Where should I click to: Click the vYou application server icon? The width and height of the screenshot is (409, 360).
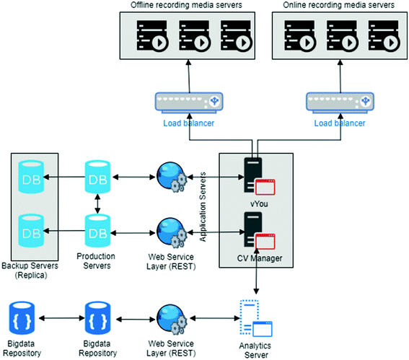click(259, 176)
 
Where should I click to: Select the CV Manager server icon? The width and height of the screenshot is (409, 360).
click(259, 230)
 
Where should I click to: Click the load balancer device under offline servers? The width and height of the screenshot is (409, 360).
click(189, 102)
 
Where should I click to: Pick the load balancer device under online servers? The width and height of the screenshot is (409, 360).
click(340, 102)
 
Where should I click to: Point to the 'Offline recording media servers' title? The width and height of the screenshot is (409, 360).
click(186, 5)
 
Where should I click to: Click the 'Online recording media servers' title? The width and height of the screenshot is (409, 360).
click(338, 5)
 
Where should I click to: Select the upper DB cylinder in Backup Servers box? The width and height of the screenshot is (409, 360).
click(31, 177)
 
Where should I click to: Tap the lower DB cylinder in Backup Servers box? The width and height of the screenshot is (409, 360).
click(31, 231)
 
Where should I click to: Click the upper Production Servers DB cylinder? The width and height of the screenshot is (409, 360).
click(97, 177)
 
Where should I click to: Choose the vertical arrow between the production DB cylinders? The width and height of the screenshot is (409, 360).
click(97, 203)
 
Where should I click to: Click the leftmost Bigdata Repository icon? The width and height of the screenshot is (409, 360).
click(22, 318)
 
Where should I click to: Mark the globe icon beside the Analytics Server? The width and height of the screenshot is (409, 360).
click(172, 319)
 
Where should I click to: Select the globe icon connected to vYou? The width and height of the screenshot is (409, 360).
click(172, 177)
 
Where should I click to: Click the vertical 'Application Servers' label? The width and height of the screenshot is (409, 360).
click(203, 207)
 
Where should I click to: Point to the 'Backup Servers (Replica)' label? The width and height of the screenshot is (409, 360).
click(30, 271)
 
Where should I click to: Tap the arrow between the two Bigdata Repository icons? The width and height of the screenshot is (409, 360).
click(62, 318)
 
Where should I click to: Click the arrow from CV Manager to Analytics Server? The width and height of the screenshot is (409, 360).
click(257, 271)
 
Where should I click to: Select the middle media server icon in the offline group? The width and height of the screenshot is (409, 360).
click(194, 35)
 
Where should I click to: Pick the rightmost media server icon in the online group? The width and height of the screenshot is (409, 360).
click(384, 35)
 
